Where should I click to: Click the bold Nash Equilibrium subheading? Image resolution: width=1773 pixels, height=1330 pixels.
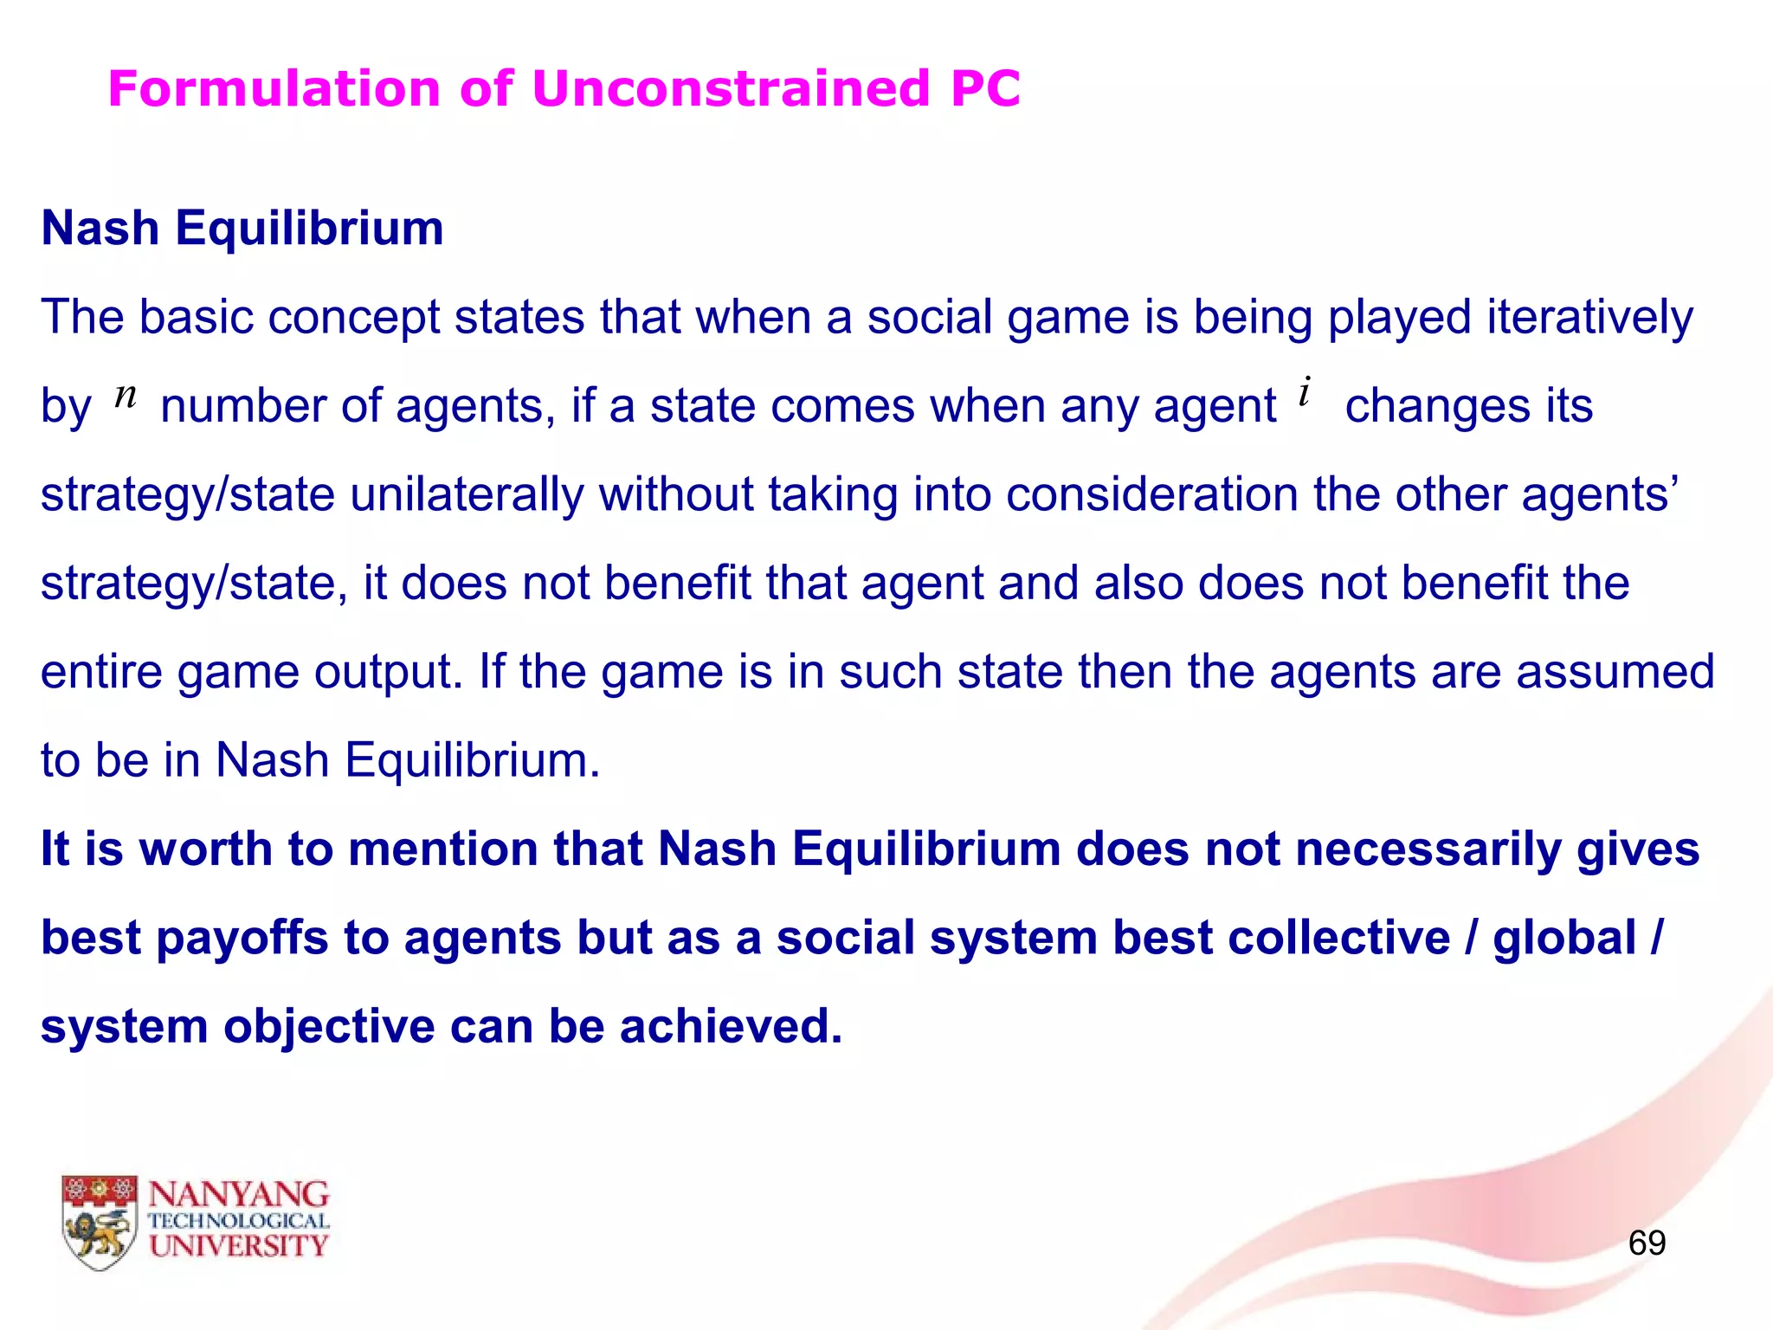point(242,229)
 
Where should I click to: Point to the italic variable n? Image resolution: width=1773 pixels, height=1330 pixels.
point(126,397)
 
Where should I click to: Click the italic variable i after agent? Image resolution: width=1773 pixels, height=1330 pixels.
point(1305,392)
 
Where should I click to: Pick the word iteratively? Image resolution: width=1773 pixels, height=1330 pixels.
point(1589,318)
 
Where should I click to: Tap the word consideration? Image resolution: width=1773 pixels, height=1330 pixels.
point(1151,494)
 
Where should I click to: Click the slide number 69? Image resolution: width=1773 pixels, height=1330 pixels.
point(1646,1243)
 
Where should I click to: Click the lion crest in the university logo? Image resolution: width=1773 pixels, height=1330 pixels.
point(100,1223)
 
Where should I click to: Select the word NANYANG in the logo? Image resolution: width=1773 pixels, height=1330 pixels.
point(239,1195)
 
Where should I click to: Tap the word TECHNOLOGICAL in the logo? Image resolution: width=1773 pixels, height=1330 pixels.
point(239,1221)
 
